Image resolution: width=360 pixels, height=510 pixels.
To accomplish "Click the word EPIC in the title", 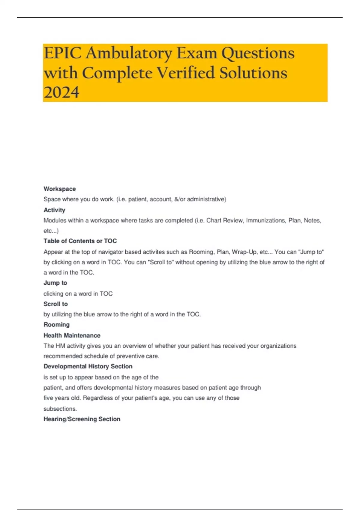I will (x=62, y=53).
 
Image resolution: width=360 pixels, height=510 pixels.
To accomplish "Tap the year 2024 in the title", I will (x=61, y=92).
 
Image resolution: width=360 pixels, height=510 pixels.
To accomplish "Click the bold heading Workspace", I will (x=59, y=189).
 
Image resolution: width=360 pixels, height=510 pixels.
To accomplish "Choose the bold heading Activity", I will (x=54, y=210).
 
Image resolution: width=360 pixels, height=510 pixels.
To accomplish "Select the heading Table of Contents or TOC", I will (x=80, y=241).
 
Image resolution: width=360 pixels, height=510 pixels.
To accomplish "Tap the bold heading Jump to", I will (x=55, y=283).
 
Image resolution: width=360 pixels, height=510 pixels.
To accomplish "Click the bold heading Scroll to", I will (x=55, y=304).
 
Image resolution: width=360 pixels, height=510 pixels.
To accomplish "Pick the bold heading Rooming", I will (x=56, y=325).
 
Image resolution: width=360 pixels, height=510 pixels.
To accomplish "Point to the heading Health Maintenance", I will (x=72, y=335).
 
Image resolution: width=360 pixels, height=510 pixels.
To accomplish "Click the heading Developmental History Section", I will (x=88, y=366).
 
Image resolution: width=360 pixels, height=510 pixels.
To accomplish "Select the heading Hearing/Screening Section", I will (x=82, y=419).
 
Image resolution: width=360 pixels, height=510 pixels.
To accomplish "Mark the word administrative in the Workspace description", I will (x=206, y=199).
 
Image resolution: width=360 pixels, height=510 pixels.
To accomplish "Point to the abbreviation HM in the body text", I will (x=60, y=346).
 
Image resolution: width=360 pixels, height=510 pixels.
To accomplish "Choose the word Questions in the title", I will (x=258, y=53).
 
